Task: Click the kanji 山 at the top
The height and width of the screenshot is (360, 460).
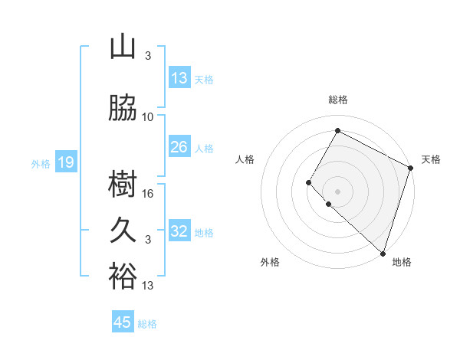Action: click(122, 47)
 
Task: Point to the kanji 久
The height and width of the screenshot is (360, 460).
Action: click(123, 231)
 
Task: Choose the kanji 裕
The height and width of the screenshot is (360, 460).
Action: click(123, 277)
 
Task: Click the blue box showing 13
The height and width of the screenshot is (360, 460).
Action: click(179, 78)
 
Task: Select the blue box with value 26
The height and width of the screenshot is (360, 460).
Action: click(179, 147)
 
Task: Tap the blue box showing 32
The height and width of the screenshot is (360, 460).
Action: click(179, 231)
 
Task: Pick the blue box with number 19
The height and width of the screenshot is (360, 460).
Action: click(65, 162)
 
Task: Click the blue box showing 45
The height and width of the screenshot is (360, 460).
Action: click(123, 322)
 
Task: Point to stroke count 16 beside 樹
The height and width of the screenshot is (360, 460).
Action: click(149, 193)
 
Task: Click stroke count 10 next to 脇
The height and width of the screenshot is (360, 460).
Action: click(148, 116)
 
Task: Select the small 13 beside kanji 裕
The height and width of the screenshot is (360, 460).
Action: click(148, 286)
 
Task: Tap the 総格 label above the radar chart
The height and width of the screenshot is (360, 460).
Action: click(337, 100)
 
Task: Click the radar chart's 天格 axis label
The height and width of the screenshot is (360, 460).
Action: click(431, 159)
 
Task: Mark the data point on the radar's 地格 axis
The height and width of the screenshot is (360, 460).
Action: click(383, 254)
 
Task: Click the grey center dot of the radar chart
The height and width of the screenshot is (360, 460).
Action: click(337, 191)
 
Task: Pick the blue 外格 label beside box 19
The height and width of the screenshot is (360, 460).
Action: click(40, 163)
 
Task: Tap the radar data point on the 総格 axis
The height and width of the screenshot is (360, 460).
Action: click(337, 130)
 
